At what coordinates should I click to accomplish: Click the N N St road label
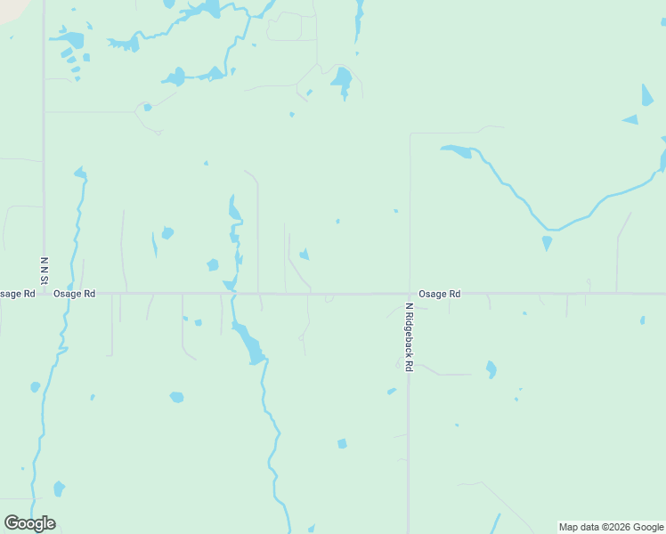click(x=44, y=266)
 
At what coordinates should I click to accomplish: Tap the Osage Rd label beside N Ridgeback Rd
click(x=440, y=293)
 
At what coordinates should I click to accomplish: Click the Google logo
click(x=29, y=523)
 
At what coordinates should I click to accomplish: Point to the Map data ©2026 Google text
click(x=612, y=527)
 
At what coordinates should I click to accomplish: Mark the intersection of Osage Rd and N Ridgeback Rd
click(x=410, y=293)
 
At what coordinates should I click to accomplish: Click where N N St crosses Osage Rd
click(x=44, y=293)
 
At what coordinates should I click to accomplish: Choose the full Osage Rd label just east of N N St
click(x=74, y=293)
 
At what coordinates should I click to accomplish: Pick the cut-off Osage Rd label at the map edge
click(x=16, y=293)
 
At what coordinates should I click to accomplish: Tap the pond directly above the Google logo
click(x=59, y=488)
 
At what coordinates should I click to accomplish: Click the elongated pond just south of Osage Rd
click(x=248, y=343)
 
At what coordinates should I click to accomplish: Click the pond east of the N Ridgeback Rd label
click(x=491, y=368)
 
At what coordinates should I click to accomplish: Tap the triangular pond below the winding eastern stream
click(x=547, y=242)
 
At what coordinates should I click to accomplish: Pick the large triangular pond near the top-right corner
click(x=647, y=95)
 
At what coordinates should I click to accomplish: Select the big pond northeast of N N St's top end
click(x=70, y=39)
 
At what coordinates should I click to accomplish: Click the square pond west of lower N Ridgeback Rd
click(x=342, y=443)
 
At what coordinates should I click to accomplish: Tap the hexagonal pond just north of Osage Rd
click(x=212, y=264)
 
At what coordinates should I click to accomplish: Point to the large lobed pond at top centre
click(x=342, y=80)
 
